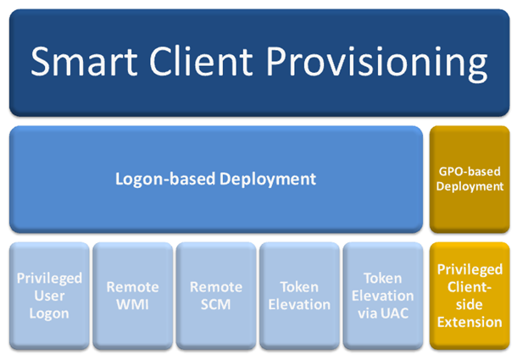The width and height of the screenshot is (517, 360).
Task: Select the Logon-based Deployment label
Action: pyautogui.click(x=215, y=179)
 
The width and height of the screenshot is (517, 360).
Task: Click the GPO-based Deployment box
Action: pyautogui.click(x=470, y=179)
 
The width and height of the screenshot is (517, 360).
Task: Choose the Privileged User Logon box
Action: pyautogui.click(x=48, y=296)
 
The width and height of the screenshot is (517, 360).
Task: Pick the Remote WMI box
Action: pyautogui.click(x=132, y=296)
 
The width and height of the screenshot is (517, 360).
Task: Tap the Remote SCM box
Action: pyautogui.click(x=215, y=296)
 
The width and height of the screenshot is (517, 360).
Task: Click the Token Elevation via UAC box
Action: pyautogui.click(x=382, y=296)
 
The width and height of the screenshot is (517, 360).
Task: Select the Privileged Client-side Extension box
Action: pyautogui.click(x=470, y=296)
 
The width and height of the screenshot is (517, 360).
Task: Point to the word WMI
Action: pyautogui.click(x=132, y=305)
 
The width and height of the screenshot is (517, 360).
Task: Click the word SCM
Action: pyautogui.click(x=216, y=305)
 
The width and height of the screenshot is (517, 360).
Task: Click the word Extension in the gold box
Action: pyautogui.click(x=470, y=322)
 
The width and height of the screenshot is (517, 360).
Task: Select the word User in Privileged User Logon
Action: pyautogui.click(x=48, y=296)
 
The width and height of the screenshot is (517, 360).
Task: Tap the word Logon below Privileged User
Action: pyautogui.click(x=48, y=313)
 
